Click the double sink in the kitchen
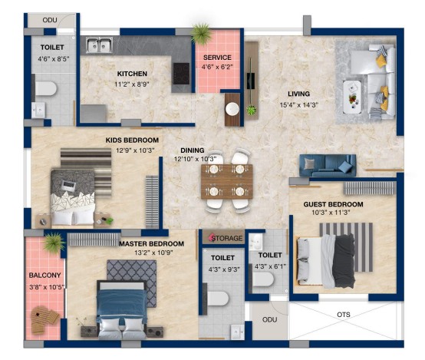[99, 45]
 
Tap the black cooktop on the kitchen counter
[181, 74]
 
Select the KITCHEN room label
[132, 74]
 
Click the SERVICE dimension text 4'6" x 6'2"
[217, 67]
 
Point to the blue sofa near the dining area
[328, 166]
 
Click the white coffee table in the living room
[352, 97]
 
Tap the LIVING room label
[298, 94]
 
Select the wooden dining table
[227, 181]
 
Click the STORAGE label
[227, 238]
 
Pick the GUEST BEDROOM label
[333, 204]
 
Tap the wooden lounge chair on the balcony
[44, 319]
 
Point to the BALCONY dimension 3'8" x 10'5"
[47, 287]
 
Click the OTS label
[344, 315]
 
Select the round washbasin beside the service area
[232, 109]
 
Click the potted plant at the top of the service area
[201, 34]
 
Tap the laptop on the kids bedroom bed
[68, 186]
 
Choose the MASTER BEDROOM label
[152, 243]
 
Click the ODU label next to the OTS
[269, 319]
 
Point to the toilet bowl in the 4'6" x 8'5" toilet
[45, 88]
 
